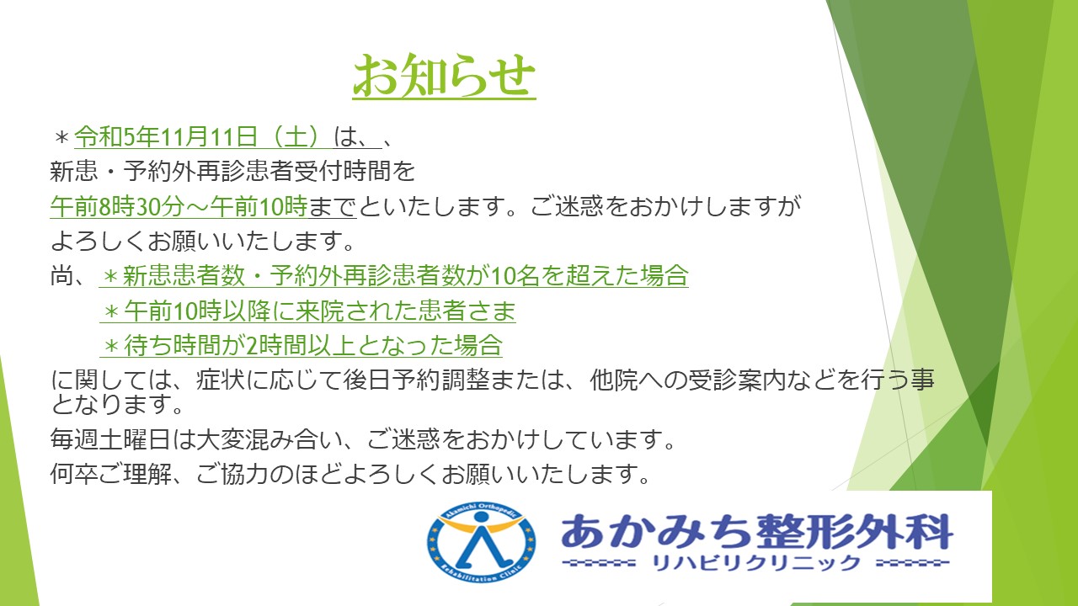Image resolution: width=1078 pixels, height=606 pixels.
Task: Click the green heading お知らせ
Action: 444,76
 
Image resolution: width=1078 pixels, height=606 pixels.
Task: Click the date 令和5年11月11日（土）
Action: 204,136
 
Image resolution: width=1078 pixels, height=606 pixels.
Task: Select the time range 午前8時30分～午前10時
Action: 179,206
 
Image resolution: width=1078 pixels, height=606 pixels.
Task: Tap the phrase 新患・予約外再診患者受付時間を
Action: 232,171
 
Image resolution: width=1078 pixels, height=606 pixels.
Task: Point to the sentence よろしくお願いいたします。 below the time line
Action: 202,241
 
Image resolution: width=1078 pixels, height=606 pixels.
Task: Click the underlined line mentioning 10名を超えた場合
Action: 394,275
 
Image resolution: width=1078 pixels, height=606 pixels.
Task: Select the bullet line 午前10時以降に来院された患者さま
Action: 308,311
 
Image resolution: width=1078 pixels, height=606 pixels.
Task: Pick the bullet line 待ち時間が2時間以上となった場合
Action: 302,345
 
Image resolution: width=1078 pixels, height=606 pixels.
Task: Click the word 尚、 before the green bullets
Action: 68,276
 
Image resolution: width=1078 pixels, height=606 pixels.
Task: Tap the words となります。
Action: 117,403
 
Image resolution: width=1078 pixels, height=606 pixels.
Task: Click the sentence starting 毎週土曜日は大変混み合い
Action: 362,439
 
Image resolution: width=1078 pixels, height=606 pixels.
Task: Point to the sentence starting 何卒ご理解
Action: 350,474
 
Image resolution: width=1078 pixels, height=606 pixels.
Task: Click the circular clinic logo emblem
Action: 481,541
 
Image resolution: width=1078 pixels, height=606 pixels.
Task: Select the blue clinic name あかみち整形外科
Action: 756,531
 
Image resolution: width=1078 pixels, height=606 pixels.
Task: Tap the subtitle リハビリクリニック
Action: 756,563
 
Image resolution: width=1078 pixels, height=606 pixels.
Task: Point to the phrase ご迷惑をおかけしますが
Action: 665,206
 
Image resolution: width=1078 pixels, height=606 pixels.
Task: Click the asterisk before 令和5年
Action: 61,138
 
